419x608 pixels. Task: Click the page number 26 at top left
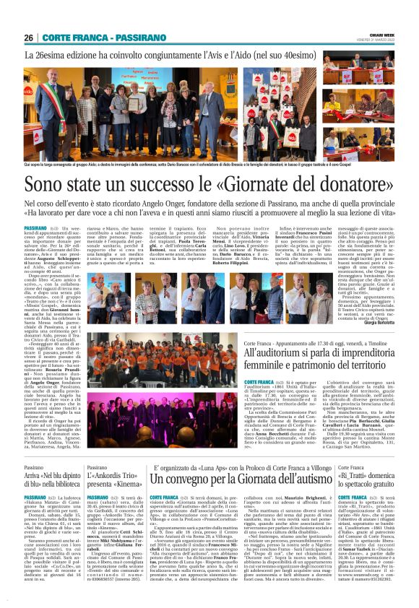[x=29, y=38]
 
